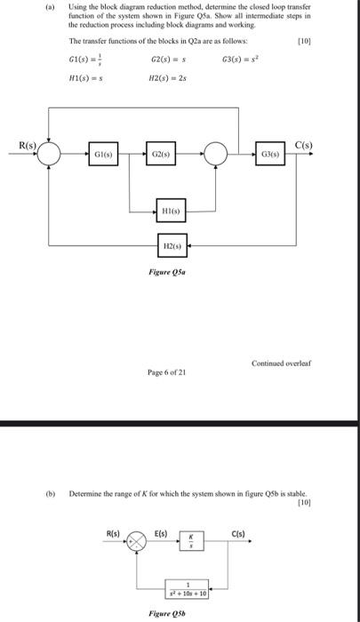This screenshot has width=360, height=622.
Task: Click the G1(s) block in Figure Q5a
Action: click(x=103, y=155)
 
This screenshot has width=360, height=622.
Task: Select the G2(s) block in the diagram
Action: click(x=161, y=155)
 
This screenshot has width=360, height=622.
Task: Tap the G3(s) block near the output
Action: click(x=272, y=155)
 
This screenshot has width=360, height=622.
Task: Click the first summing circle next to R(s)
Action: click(x=49, y=155)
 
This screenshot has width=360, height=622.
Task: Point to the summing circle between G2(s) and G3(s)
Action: click(x=219, y=155)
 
